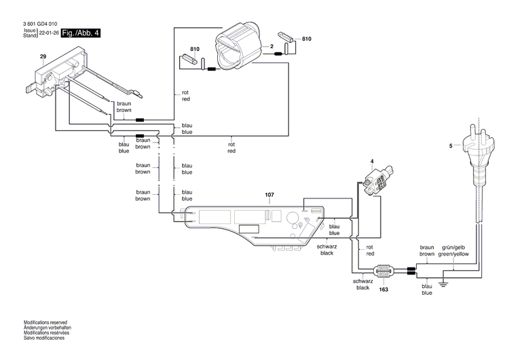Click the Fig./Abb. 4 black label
coord(80,33)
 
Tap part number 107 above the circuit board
coord(269,195)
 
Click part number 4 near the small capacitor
coord(371,162)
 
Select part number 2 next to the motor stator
coord(271,46)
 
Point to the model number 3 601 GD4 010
coord(40,24)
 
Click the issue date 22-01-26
coord(48,33)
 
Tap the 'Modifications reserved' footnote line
coord(45,323)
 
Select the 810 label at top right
coord(307,39)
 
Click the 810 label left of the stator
coord(195,50)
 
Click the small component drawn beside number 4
coord(376,182)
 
